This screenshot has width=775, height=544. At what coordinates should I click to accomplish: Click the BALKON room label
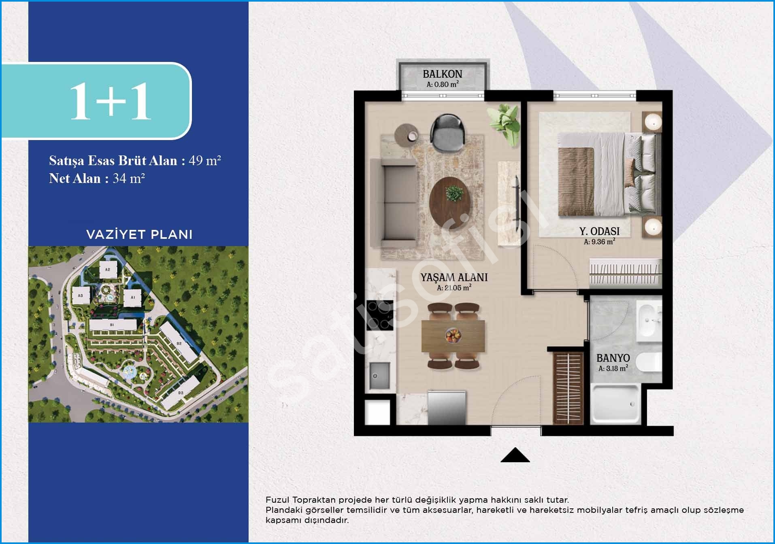442,74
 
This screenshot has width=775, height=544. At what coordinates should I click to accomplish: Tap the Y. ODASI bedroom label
599,231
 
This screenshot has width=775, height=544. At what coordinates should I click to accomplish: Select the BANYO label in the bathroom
613,358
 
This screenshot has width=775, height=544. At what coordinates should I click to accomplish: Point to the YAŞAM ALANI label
454,278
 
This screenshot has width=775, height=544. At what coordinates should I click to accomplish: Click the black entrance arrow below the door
515,455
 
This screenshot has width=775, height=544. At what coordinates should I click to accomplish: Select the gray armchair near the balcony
447,133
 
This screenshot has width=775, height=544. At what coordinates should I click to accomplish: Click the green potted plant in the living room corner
504,123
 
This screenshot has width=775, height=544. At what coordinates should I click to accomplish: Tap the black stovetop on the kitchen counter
380,315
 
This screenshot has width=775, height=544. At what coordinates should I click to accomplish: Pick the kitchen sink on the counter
379,375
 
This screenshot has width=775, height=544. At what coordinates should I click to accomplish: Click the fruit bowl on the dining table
453,336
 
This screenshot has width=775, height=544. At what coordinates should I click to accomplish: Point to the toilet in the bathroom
649,361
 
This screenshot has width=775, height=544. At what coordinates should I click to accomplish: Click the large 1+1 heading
110,101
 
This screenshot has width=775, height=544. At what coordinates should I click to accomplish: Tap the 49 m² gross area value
204,160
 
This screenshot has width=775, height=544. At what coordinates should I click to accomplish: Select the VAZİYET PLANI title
139,234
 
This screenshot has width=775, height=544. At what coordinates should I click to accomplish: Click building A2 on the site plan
108,269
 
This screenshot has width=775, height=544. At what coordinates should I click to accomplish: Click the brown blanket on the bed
576,181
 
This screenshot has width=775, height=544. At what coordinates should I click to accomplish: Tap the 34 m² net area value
129,178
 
